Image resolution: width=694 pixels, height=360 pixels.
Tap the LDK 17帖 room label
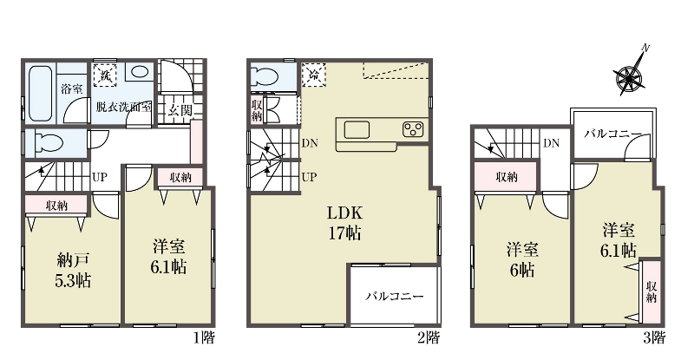(x=344, y=223)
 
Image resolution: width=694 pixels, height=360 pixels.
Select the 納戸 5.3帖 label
(x=73, y=270)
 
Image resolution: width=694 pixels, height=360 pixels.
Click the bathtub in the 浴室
(x=41, y=93)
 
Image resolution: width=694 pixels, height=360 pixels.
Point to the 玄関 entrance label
(x=180, y=109)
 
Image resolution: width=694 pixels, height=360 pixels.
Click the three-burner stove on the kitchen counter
(x=413, y=129)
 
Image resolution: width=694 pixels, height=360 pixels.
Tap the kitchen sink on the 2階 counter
(x=357, y=130)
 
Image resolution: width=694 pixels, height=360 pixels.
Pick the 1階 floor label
(x=204, y=338)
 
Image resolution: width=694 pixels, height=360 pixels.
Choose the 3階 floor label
(x=654, y=337)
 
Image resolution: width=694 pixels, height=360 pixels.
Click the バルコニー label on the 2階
(x=395, y=296)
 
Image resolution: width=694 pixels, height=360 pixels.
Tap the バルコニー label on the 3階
(x=612, y=134)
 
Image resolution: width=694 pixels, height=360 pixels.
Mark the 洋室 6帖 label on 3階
(x=522, y=260)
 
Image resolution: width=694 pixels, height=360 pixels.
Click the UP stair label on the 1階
(x=99, y=177)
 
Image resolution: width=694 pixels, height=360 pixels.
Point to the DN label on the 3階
(x=551, y=143)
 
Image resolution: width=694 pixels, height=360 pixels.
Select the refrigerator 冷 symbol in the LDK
(x=314, y=74)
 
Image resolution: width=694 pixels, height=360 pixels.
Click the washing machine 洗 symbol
(x=105, y=75)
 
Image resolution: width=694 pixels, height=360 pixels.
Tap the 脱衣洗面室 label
(x=124, y=107)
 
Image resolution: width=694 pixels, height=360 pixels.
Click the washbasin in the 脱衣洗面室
(x=140, y=72)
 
